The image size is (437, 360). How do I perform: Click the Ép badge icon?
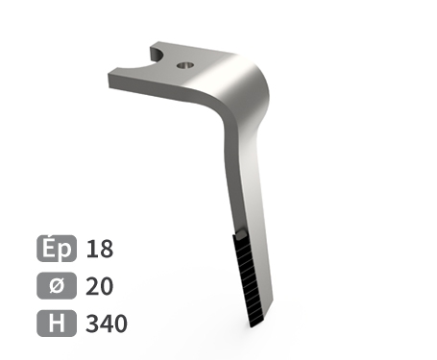click(x=57, y=249)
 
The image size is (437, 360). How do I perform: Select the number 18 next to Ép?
click(x=100, y=249)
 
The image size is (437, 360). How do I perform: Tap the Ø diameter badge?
click(x=57, y=285)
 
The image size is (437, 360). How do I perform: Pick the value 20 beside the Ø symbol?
click(x=100, y=286)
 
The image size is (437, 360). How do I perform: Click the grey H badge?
click(x=57, y=324)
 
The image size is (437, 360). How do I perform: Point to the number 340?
click(x=107, y=324)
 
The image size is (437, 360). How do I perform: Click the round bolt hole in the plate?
click(x=185, y=65)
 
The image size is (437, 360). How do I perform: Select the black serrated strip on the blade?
click(x=249, y=279)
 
